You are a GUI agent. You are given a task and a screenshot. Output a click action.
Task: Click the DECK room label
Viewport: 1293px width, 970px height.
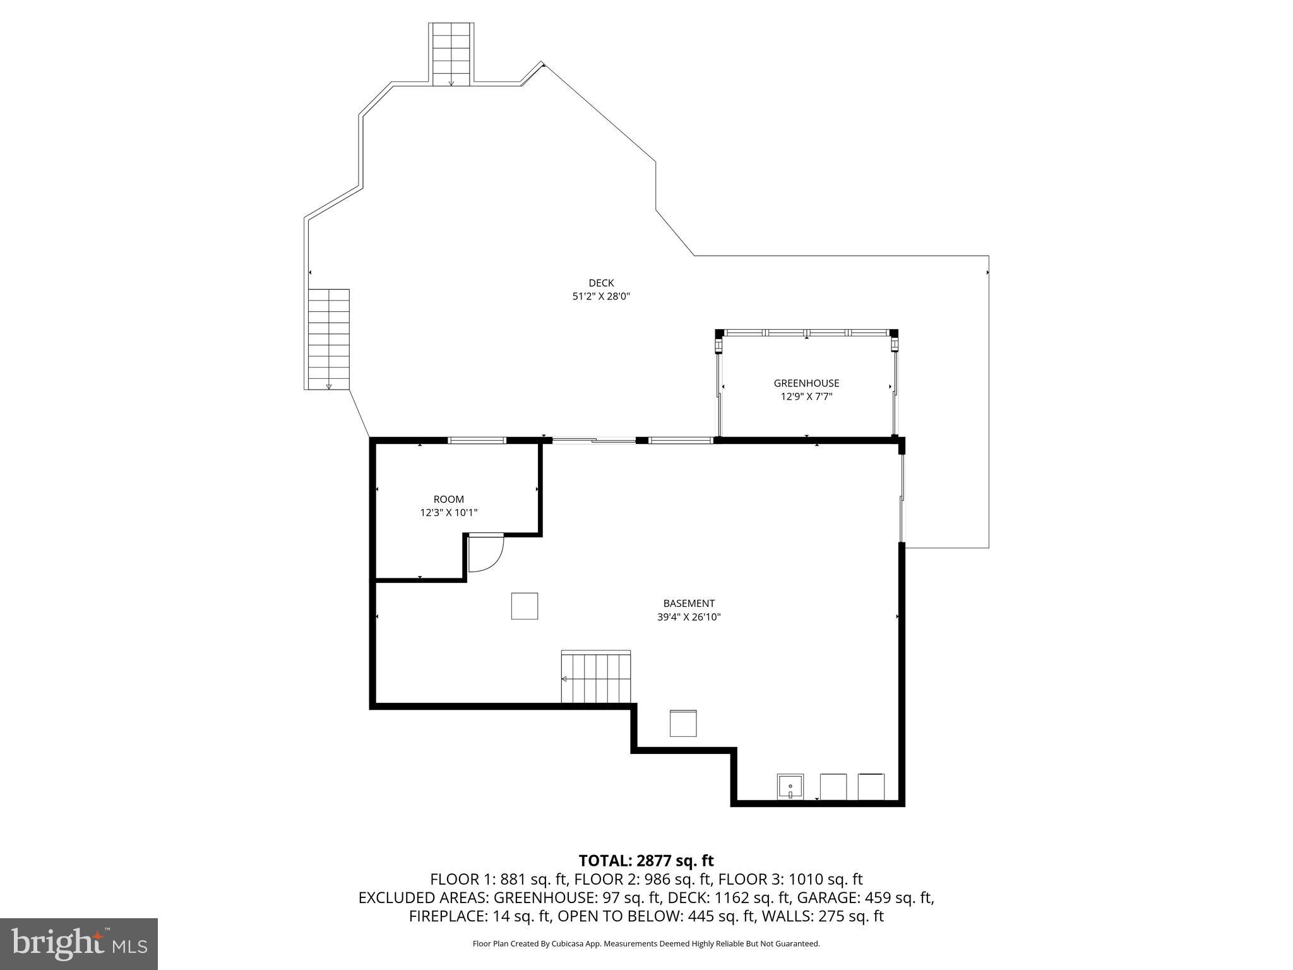(600, 283)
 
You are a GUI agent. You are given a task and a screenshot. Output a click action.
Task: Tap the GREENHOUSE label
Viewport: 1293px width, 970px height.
(806, 383)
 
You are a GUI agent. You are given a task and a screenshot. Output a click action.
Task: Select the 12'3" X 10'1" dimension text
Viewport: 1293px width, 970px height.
(448, 513)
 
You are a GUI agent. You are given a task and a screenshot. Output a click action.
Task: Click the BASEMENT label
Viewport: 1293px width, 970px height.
(688, 604)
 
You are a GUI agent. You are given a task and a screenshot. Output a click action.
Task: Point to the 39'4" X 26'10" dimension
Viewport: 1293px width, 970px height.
(688, 617)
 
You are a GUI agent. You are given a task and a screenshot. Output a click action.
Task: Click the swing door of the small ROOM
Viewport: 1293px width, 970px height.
(485, 553)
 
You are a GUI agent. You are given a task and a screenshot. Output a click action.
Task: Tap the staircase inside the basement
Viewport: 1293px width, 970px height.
(595, 678)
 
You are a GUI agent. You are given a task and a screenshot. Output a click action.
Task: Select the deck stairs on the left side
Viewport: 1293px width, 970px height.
(328, 339)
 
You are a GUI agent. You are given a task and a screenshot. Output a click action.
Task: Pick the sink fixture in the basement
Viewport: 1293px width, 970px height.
(790, 787)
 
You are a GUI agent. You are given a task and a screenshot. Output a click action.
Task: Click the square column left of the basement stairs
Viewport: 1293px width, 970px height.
(524, 606)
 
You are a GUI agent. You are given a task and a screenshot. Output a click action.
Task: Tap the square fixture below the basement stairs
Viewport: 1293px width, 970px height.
(682, 723)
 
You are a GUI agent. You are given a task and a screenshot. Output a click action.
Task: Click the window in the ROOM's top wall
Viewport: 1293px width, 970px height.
(477, 440)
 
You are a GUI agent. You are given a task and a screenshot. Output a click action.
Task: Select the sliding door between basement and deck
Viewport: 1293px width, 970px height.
(593, 440)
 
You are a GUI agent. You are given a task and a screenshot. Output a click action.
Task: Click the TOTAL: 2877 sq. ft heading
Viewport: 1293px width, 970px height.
(646, 861)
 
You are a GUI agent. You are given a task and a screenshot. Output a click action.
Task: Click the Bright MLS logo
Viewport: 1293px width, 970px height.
(79, 943)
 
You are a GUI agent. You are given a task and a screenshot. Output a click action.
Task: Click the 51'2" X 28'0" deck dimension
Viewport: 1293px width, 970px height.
(600, 296)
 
